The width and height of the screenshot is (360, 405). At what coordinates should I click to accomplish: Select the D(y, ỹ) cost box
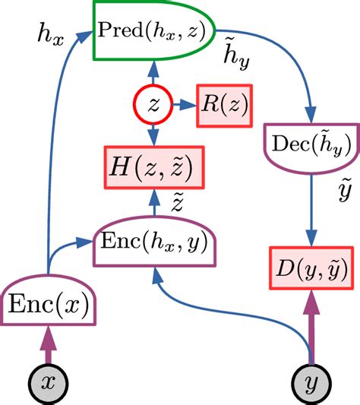310,269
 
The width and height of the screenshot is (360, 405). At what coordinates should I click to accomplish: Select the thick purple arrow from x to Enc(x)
49,346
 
